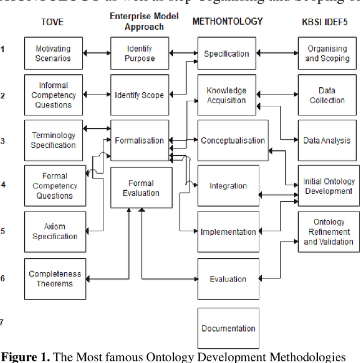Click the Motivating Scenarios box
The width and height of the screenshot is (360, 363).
pyautogui.click(x=53, y=53)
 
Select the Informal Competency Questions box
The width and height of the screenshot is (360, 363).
pyautogui.click(x=53, y=95)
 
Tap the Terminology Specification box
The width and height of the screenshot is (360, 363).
pyautogui.click(x=53, y=140)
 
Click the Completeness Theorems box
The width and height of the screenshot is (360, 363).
pyautogui.click(x=55, y=279)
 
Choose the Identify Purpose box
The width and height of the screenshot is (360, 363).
pyautogui.click(x=139, y=53)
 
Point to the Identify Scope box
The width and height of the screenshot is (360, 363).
pyautogui.click(x=139, y=95)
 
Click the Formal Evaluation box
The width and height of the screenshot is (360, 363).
pyautogui.click(x=141, y=188)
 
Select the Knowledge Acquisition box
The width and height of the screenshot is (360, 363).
pyautogui.click(x=226, y=95)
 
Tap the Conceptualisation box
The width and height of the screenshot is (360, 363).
pyautogui.click(x=233, y=140)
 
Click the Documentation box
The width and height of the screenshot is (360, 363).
pyautogui.click(x=228, y=328)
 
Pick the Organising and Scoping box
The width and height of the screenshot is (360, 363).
pyautogui.click(x=327, y=53)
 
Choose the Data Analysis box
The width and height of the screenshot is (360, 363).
pyautogui.click(x=327, y=140)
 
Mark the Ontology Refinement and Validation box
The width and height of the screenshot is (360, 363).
pyautogui.click(x=328, y=231)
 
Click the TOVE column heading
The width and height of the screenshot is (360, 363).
pyautogui.click(x=52, y=23)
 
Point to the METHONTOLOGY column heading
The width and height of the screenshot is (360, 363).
pyautogui.click(x=227, y=21)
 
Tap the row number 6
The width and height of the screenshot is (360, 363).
pyautogui.click(x=3, y=279)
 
